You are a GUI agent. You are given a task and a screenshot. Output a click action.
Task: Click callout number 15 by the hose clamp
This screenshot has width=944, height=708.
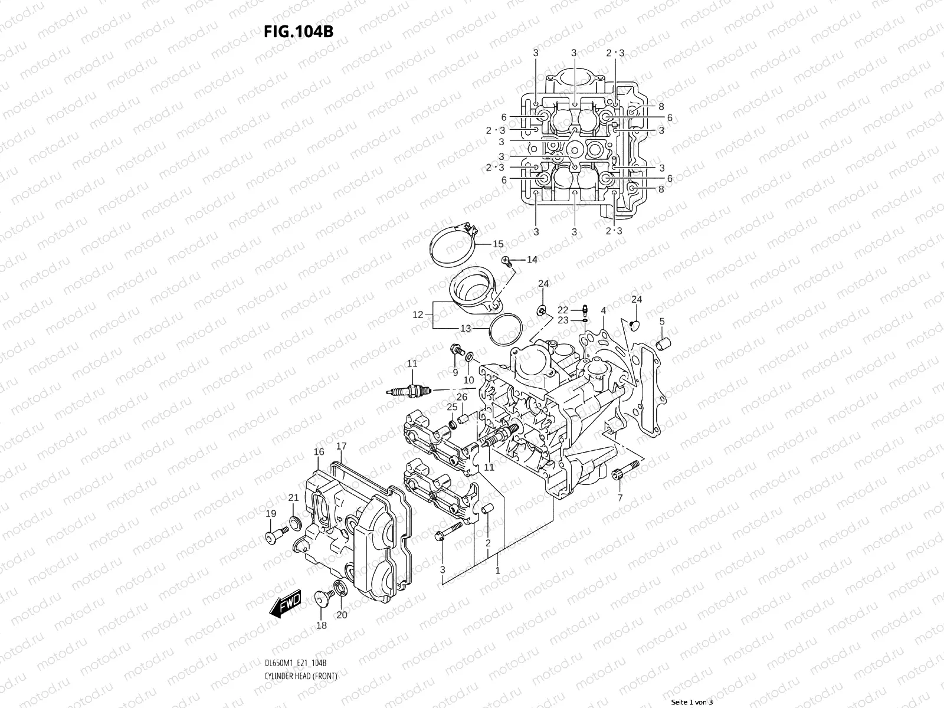point(497,244)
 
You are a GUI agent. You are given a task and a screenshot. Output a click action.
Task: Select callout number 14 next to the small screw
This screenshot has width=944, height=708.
point(532,260)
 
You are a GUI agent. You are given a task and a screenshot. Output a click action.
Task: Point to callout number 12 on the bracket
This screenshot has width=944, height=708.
point(418,315)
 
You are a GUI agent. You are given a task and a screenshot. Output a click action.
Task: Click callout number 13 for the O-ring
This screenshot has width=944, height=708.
point(466,328)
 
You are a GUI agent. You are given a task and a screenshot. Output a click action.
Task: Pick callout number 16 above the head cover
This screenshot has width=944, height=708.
point(319,452)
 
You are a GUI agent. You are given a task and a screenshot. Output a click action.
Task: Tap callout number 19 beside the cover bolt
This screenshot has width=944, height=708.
point(271,513)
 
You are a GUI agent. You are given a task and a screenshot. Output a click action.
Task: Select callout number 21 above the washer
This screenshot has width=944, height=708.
point(293,498)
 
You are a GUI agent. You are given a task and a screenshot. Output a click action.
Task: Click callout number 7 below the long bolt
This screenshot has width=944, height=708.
point(620,499)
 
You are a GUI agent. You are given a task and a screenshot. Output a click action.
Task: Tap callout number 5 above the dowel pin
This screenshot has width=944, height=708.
point(662,322)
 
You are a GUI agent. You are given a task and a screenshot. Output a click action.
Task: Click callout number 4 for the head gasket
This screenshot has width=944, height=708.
point(603,310)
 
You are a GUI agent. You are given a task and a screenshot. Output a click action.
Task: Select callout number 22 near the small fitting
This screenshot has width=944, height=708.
point(563,310)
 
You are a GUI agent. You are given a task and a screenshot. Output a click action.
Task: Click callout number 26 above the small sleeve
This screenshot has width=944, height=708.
point(462,397)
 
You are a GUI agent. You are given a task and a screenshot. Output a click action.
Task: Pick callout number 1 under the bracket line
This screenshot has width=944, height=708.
point(497,571)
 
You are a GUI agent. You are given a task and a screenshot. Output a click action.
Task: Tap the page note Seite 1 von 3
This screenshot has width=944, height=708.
point(692,702)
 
